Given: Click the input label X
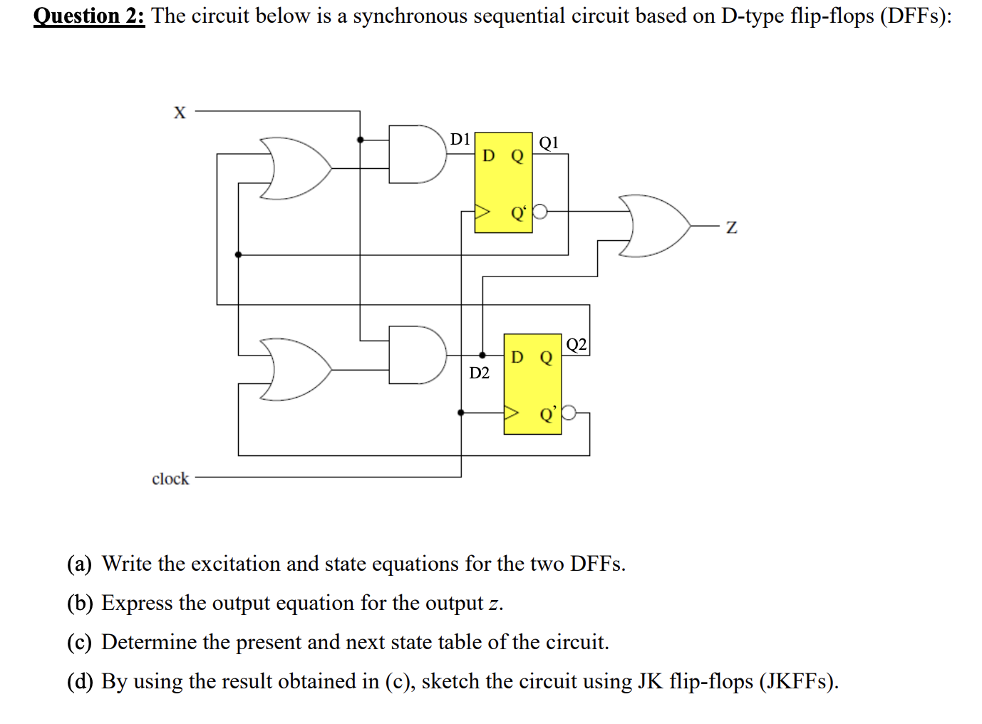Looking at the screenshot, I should pos(180,113).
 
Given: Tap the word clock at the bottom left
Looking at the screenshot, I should pos(170,479).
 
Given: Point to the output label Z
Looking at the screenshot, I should pos(731,227).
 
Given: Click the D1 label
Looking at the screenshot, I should pos(460,139).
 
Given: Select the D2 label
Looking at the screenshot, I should pos(479,373).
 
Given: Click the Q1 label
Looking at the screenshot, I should pos(549,143).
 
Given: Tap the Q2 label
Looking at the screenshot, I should pos(577,345).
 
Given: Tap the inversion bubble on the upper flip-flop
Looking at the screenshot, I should pos(540,212).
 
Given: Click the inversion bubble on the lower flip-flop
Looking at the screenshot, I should pos(569,413).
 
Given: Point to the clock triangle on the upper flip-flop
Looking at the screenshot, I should pos(483,212).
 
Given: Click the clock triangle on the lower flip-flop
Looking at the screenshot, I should pos(512,413).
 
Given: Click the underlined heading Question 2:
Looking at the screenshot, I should pos(89,16).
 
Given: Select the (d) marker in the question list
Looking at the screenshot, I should pos(80,681).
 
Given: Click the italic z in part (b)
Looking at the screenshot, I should pos(493,604).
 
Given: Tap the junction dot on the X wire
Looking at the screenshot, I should pos(360,140).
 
